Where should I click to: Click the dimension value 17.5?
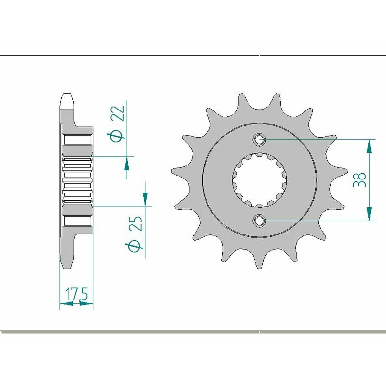coord(76,293)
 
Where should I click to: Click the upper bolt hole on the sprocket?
coord(260,140)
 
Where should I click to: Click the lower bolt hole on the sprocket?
coord(260,221)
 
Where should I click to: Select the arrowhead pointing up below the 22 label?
coord(127,165)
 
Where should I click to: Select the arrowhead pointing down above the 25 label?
coord(145,197)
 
